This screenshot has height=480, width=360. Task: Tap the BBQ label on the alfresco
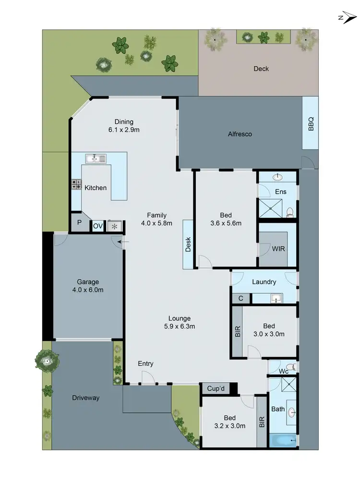click(x=311, y=123)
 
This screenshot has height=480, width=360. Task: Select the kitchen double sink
click(x=96, y=158)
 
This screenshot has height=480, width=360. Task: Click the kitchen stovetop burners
click(x=76, y=184)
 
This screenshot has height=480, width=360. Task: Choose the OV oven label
click(x=97, y=226)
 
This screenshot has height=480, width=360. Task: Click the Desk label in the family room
click(x=188, y=244)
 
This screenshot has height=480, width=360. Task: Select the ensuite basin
click(x=278, y=177)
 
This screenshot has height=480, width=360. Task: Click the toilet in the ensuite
click(x=289, y=212)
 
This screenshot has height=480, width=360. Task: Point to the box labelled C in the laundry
click(x=240, y=298)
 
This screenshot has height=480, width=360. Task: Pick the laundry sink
click(x=276, y=299)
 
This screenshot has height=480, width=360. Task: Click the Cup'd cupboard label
click(x=215, y=388)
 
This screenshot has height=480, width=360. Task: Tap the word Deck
click(x=261, y=69)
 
